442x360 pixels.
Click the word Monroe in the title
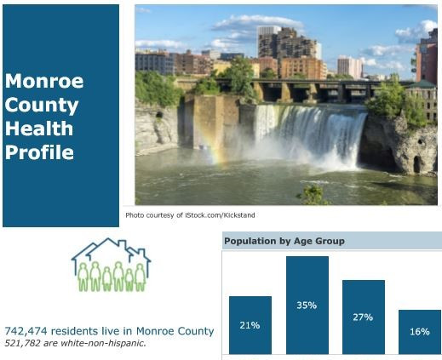tap(44, 81)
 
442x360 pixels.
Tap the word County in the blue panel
tap(42, 106)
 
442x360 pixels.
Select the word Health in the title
tap(39, 129)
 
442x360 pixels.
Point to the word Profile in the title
tap(39, 152)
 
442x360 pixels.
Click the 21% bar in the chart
tap(250, 325)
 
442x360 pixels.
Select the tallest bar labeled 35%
tap(307, 306)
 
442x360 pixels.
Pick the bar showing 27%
tap(364, 317)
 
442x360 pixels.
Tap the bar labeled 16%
tap(420, 332)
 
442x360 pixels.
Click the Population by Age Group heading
tap(284, 241)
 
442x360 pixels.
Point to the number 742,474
tap(26, 331)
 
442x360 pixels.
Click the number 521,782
tap(22, 343)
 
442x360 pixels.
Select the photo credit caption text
tap(190, 215)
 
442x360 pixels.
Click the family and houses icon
tap(111, 265)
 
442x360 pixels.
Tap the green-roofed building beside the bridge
tap(422, 100)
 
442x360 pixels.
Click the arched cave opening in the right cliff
tap(417, 164)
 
